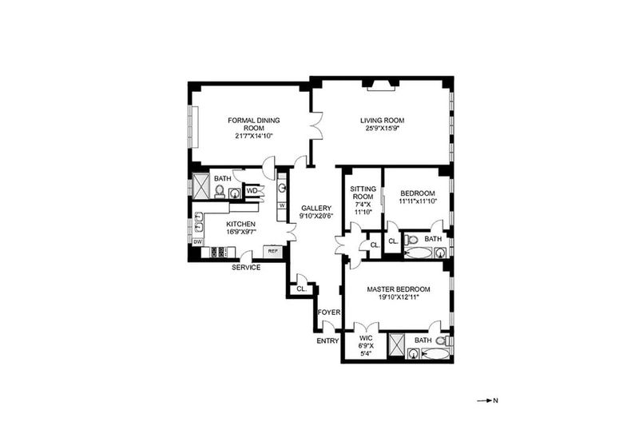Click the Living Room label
[382, 120]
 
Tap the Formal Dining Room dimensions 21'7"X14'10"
[253, 136]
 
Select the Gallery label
[316, 208]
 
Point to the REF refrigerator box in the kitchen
[272, 252]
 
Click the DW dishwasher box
[197, 241]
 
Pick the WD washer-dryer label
[252, 191]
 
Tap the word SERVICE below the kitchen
[246, 268]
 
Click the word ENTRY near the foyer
[327, 340]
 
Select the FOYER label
[329, 313]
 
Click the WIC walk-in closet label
[366, 338]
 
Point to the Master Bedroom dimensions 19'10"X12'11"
[398, 297]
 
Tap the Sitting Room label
[363, 193]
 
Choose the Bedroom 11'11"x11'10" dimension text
[417, 201]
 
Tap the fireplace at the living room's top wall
[382, 85]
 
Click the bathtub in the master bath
[435, 353]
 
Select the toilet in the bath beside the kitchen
[220, 191]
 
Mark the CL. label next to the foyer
[302, 289]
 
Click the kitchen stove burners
[219, 252]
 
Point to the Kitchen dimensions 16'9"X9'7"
[241, 232]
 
